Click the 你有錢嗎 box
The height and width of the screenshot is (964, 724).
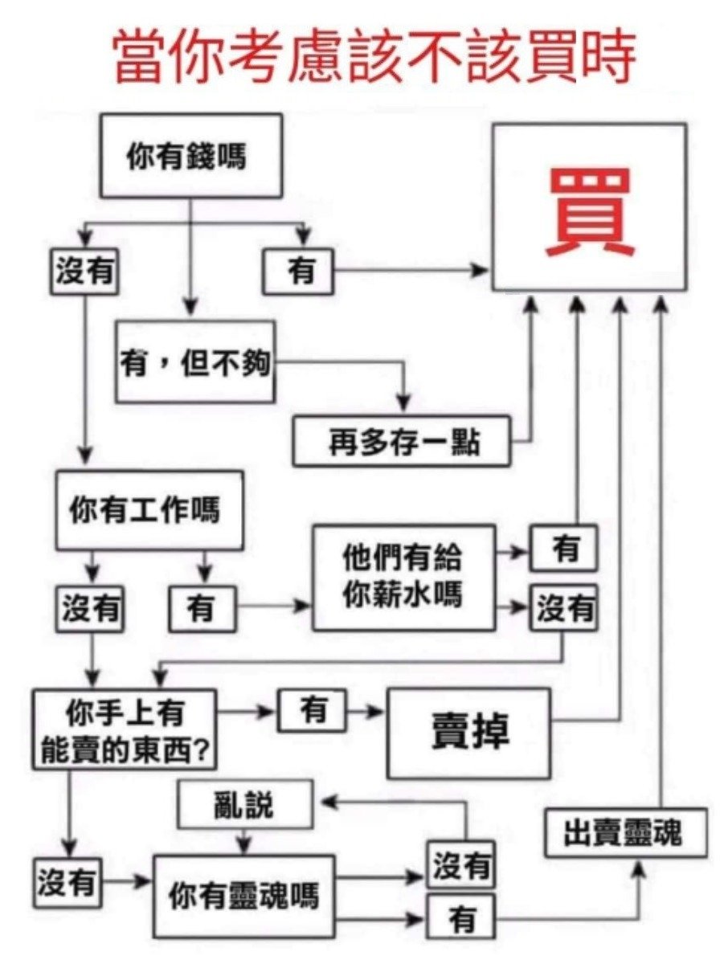pyautogui.click(x=190, y=156)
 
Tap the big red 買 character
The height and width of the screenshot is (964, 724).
pyautogui.click(x=590, y=211)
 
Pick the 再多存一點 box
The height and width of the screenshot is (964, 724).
pyautogui.click(x=402, y=441)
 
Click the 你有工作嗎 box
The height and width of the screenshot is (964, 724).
pyautogui.click(x=149, y=511)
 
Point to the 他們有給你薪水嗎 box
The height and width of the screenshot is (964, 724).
pyautogui.click(x=403, y=578)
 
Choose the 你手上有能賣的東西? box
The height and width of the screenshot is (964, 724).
pyautogui.click(x=125, y=729)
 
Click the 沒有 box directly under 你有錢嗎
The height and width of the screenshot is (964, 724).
pyautogui.click(x=84, y=272)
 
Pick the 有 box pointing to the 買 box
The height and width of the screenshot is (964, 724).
pyautogui.click(x=298, y=272)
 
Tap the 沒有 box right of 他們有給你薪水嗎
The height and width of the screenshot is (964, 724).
pyautogui.click(x=563, y=609)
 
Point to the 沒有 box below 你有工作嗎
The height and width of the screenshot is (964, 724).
pyautogui.click(x=89, y=609)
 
